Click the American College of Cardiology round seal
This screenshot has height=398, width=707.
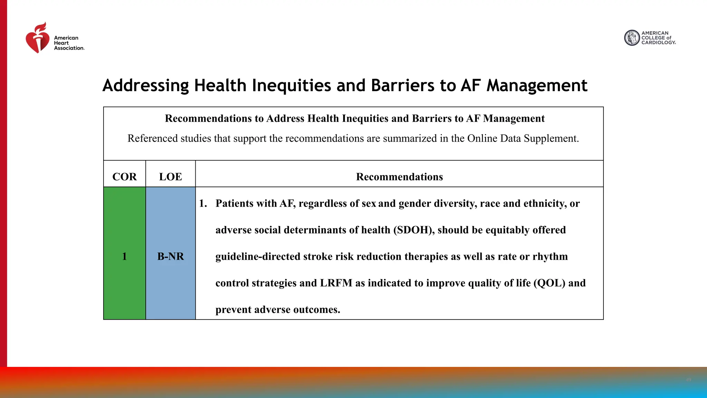632,38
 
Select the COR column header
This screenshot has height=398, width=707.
124,177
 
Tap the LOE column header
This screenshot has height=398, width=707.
170,177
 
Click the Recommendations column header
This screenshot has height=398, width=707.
399,177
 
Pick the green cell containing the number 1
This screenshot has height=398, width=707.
124,256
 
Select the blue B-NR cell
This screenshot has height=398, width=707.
170,256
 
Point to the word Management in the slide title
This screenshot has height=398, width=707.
537,85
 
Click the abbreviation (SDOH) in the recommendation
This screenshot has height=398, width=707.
414,230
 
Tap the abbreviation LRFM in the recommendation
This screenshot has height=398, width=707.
336,283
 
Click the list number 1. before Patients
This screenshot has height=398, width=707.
203,203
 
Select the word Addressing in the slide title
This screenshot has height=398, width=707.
146,85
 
